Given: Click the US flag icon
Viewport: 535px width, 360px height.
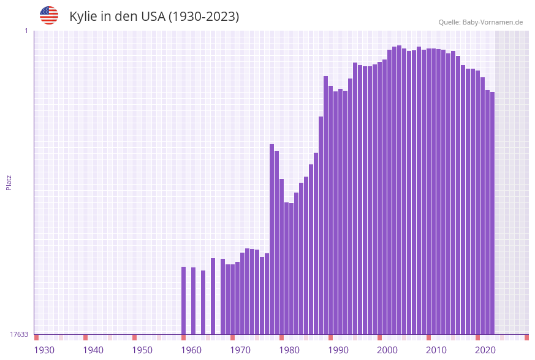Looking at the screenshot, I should tap(49, 15).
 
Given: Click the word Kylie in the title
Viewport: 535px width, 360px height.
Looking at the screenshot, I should tap(83, 17).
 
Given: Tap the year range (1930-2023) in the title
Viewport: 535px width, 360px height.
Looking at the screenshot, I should tap(203, 17).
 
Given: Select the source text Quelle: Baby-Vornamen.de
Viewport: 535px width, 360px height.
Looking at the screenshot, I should tap(480, 22).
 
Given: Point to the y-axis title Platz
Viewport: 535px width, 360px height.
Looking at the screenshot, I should tap(9, 182).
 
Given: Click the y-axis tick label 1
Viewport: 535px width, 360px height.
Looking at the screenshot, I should tap(26, 31).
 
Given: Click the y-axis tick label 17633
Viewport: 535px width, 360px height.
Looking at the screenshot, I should tap(19, 334).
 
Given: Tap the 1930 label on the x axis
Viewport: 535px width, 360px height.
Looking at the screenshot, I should tap(44, 350).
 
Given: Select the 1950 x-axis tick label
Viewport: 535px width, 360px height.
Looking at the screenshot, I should tap(142, 350).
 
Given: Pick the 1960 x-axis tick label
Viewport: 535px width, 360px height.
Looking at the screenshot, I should tap(191, 350).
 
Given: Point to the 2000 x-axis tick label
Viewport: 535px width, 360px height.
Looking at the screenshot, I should tap(387, 350).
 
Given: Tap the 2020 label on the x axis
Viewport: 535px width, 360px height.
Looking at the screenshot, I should tap(485, 350).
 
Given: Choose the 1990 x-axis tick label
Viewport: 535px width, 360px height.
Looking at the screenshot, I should tap(338, 350).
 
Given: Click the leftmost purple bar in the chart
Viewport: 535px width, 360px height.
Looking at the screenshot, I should tap(183, 301).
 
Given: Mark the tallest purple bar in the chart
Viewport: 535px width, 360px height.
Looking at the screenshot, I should tap(399, 190).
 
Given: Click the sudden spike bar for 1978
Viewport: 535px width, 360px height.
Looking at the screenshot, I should tap(271, 239).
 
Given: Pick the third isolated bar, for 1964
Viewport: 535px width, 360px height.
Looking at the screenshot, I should tap(203, 302).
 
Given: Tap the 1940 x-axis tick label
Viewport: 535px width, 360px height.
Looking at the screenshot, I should tap(93, 350).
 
